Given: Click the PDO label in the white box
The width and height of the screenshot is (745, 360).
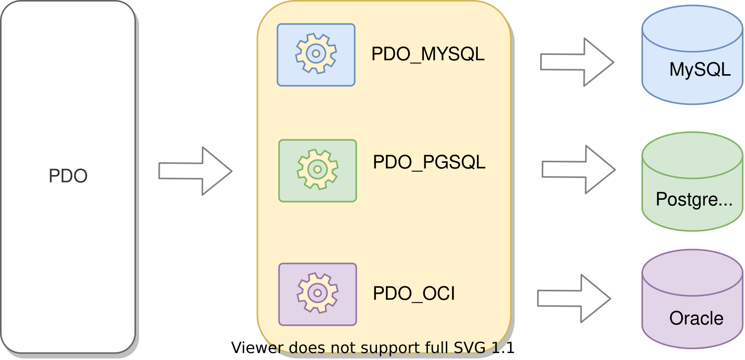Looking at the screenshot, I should click(x=68, y=176).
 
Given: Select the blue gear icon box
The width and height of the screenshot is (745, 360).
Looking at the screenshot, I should click(x=316, y=55).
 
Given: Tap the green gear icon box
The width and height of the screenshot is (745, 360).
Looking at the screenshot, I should click(x=317, y=171).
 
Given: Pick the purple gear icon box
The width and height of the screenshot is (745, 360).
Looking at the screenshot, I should click(x=317, y=294).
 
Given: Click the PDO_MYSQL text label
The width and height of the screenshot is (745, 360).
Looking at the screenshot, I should click(x=428, y=54).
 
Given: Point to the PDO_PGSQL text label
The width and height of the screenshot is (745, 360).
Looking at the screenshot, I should click(x=429, y=162).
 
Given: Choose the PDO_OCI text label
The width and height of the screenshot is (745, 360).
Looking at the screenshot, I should click(x=414, y=294).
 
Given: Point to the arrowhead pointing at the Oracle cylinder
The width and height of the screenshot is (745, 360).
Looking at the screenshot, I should click(x=596, y=300).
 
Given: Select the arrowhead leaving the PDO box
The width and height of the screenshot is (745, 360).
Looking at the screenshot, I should click(x=218, y=173).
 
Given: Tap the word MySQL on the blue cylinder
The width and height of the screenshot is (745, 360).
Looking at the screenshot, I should click(x=699, y=70).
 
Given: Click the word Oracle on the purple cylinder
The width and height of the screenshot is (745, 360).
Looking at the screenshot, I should click(x=696, y=318).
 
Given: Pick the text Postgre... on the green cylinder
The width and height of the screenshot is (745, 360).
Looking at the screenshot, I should click(x=694, y=199).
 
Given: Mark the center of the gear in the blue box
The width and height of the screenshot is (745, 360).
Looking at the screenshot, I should click(x=316, y=53).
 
